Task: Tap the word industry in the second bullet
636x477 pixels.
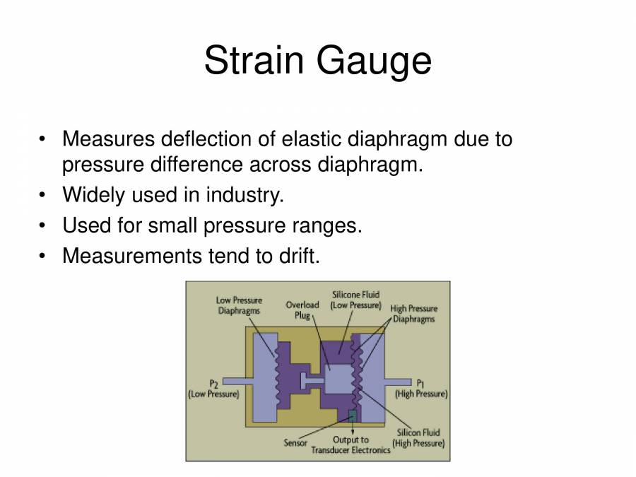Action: [x=245, y=194]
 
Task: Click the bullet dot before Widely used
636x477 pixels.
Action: [x=45, y=194]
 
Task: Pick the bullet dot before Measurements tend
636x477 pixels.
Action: [x=45, y=256]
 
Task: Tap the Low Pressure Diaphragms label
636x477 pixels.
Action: [x=238, y=305]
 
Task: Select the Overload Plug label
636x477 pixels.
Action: [x=302, y=310]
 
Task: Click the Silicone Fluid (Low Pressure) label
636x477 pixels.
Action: [x=356, y=300]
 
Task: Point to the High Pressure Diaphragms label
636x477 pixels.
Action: [x=413, y=314]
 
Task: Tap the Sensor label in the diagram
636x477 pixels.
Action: [x=295, y=443]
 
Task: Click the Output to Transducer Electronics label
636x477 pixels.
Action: [x=351, y=444]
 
